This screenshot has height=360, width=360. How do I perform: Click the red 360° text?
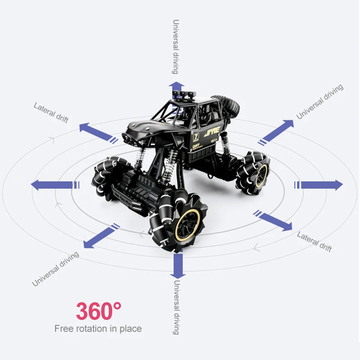(x=99, y=310)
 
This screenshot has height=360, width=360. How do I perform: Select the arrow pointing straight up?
(x=176, y=89)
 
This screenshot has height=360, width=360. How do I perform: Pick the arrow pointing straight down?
(x=178, y=265)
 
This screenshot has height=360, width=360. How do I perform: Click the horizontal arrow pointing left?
(x=52, y=184)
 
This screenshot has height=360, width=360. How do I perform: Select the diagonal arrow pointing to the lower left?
(x=98, y=237)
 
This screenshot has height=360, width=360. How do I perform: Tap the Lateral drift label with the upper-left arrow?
(x=51, y=112)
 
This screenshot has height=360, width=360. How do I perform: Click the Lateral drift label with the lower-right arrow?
(x=315, y=242)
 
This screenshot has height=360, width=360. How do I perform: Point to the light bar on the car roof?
(x=184, y=94)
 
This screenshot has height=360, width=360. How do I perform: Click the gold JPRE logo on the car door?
(x=212, y=134)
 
